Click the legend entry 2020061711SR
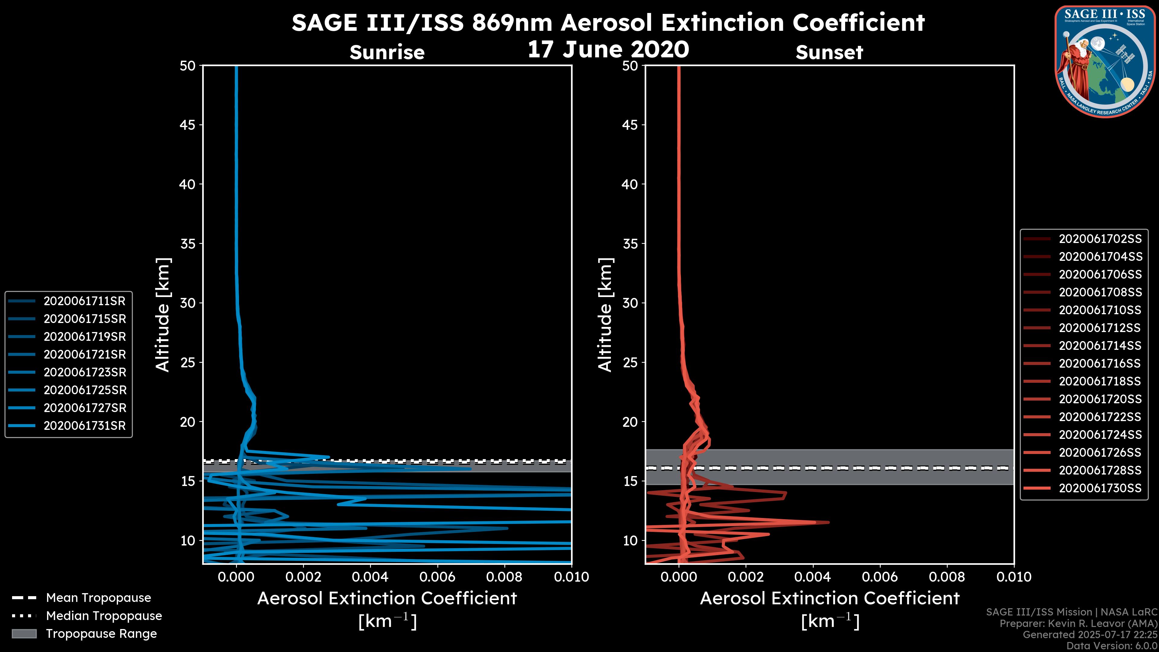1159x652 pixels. click(84, 301)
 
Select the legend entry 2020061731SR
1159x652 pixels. click(84, 426)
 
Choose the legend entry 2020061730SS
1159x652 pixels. click(1100, 488)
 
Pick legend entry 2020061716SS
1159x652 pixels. click(1100, 363)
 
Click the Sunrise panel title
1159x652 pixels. click(387, 53)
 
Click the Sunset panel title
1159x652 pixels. click(829, 53)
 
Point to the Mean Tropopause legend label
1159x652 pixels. click(98, 598)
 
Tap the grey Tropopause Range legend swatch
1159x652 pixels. click(24, 634)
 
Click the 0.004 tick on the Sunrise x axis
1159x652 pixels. click(370, 577)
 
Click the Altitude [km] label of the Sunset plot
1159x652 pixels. click(605, 315)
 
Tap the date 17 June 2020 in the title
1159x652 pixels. click(608, 50)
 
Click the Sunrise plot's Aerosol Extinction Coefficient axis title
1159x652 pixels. click(387, 599)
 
